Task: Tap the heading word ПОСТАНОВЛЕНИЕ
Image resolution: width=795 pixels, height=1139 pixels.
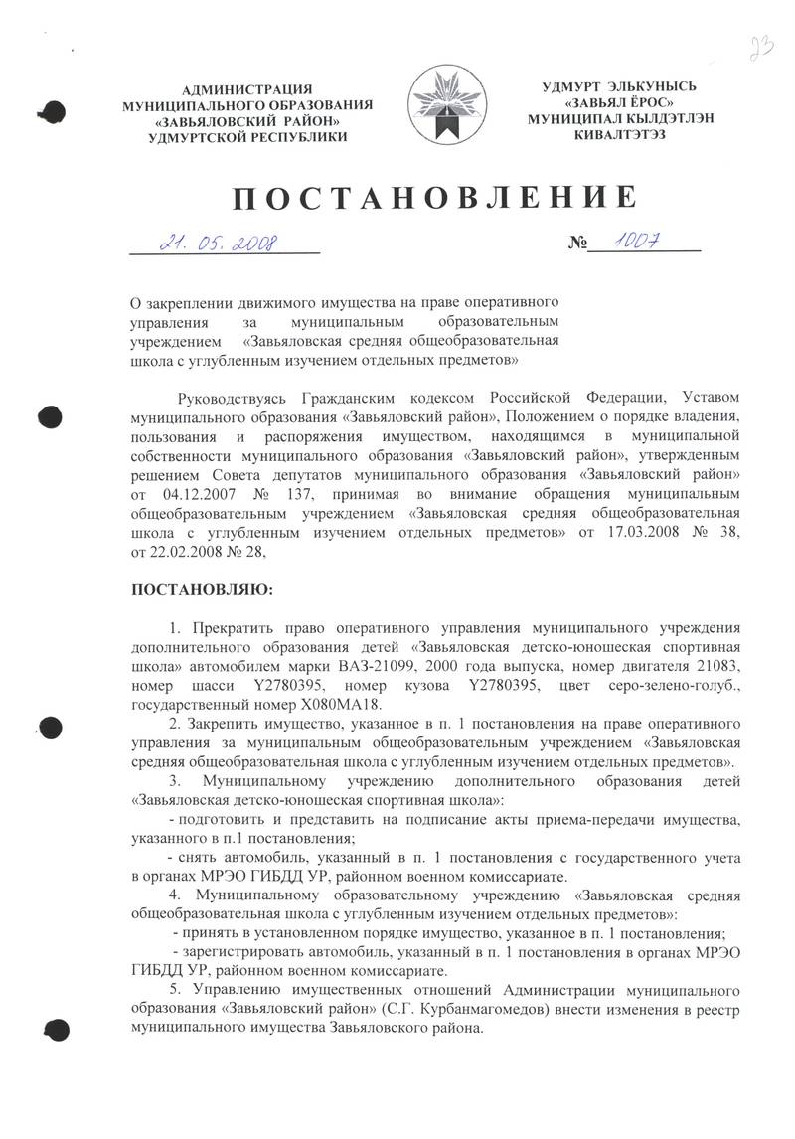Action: [x=433, y=198]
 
